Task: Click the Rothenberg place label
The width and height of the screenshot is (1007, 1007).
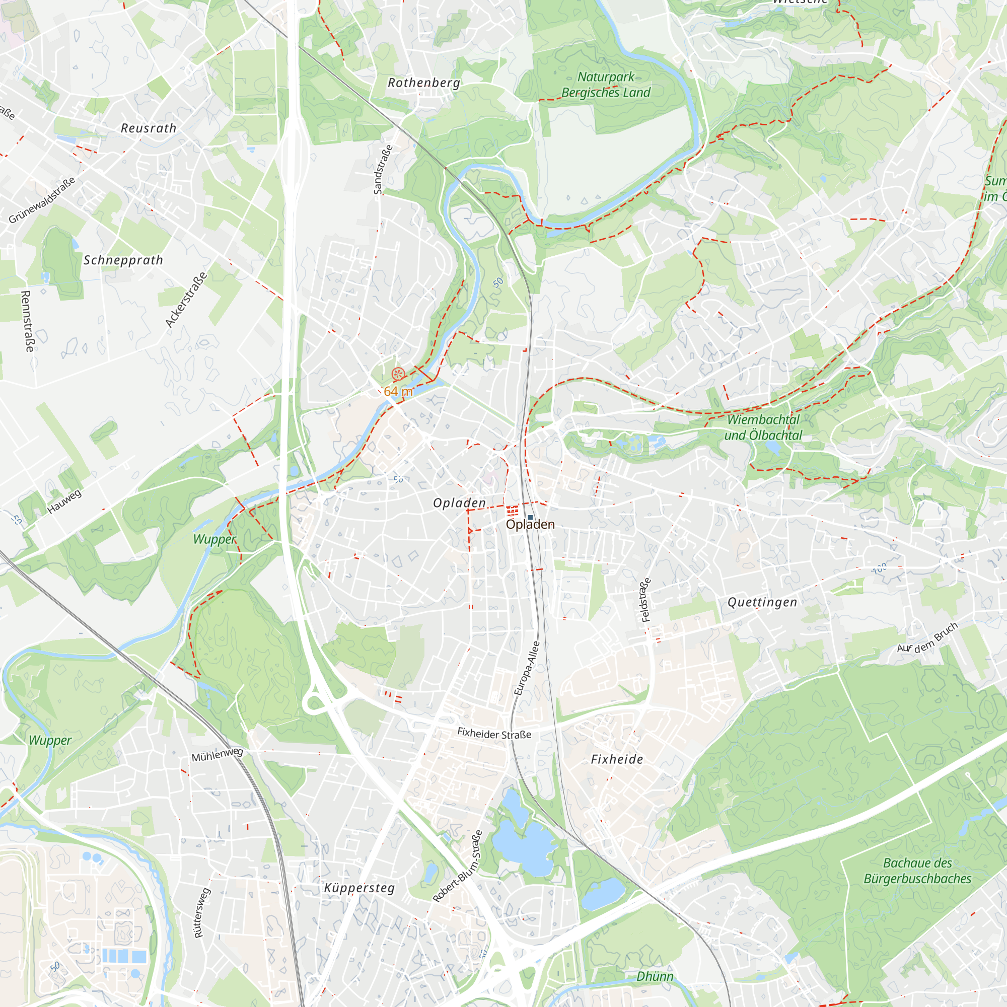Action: (x=424, y=83)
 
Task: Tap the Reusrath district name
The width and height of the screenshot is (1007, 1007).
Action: (x=149, y=128)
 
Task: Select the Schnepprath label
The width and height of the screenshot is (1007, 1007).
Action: (x=123, y=260)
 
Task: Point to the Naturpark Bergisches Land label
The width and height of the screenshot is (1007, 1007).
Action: (x=606, y=85)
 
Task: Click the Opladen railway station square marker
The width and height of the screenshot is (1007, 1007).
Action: (x=530, y=517)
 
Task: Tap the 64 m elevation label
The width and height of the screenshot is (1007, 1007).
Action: (x=398, y=391)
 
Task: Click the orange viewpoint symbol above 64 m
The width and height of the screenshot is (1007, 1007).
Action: (x=398, y=373)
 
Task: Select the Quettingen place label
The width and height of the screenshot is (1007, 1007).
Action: (x=762, y=603)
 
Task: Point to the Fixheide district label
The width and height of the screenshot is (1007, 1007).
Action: (x=617, y=759)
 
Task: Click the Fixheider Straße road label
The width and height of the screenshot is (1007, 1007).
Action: (x=494, y=734)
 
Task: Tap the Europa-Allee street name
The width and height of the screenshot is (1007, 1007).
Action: (x=527, y=668)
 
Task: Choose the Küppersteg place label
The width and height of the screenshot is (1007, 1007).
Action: (x=359, y=888)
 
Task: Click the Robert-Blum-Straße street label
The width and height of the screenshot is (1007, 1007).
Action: (x=458, y=866)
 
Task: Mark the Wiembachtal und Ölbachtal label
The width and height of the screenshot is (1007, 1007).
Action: (x=763, y=427)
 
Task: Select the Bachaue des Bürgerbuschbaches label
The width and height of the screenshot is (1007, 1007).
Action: (x=917, y=871)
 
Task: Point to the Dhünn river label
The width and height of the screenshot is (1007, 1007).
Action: (x=655, y=976)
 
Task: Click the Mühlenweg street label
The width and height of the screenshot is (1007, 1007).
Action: (x=218, y=755)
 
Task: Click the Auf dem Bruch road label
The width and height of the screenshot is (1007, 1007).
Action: (x=927, y=637)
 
